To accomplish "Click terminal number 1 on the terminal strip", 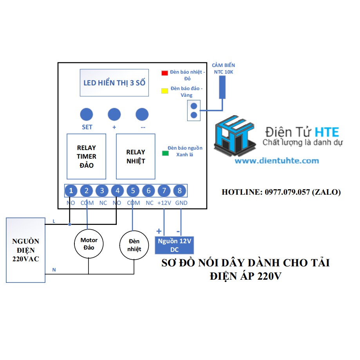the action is coord(71,190).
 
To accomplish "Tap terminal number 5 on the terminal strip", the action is coord(133,190).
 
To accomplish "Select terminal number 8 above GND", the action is coord(179,190).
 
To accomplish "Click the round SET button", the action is coord(87,114).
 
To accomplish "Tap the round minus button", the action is coord(142,114).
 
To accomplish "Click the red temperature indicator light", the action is coord(165,73).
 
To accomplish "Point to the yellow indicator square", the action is coord(165,91).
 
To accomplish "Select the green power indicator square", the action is coord(165,153).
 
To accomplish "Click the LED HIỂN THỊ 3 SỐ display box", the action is coord(114,83).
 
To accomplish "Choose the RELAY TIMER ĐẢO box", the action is coord(86,156).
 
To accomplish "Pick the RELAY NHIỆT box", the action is coord(136,156).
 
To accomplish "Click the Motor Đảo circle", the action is coord(89,244).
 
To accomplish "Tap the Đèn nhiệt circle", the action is coord(134,245).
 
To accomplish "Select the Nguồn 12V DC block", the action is coord(174,245).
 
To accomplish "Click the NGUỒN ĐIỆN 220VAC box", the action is coord(26,250).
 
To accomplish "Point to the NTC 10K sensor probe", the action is coord(222,87).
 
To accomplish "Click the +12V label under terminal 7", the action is coord(164,203).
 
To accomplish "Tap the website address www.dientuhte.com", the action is coord(277,161).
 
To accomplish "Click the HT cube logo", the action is coord(235,136).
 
